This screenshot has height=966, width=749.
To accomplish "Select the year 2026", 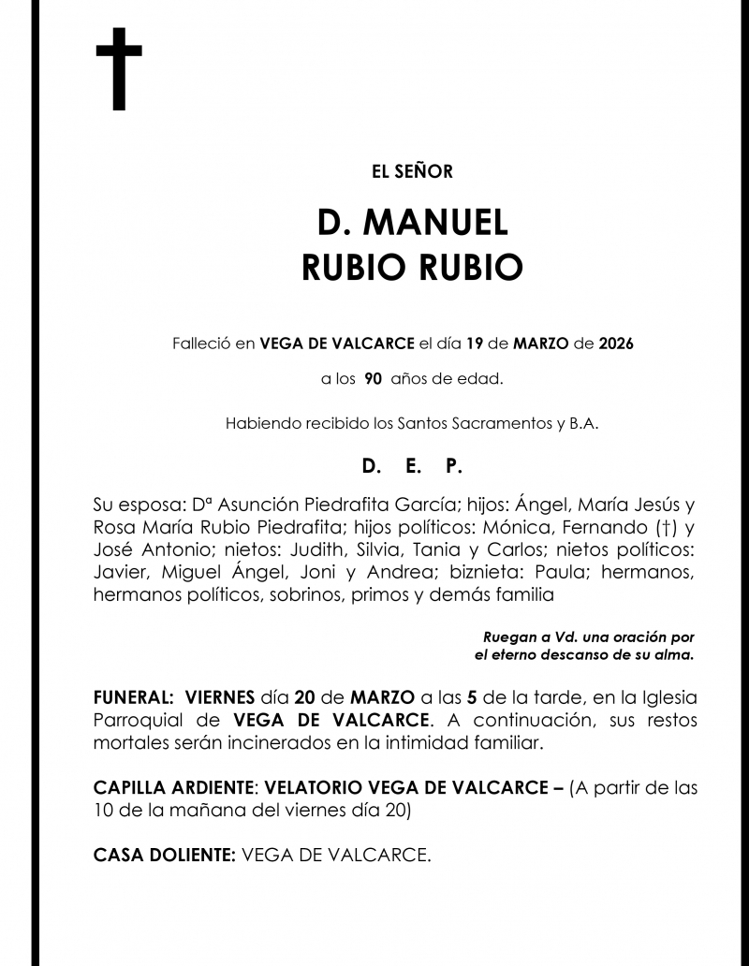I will point(615,344).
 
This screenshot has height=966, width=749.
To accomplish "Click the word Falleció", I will point(200,344).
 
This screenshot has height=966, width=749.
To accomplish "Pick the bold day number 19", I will point(474,344).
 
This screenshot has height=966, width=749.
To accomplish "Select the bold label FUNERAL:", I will point(131,698).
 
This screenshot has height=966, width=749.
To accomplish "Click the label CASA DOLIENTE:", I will point(164,856).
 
